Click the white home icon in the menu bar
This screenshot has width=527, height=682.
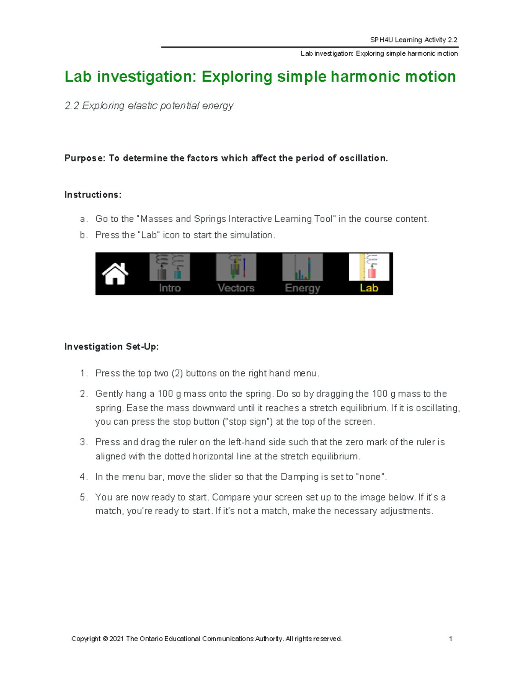tap(115, 274)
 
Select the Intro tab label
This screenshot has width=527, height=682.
tap(170, 288)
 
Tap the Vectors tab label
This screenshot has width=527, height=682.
tap(236, 288)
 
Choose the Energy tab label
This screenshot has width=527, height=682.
tap(302, 288)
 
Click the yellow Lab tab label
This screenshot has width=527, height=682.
tap(369, 288)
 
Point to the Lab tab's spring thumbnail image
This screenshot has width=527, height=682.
tap(369, 267)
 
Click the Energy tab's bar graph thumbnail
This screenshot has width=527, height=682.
tap(302, 267)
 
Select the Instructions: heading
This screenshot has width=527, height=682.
tap(93, 195)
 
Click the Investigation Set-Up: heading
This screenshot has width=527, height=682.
tap(112, 346)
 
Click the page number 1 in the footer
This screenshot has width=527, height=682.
tap(451, 639)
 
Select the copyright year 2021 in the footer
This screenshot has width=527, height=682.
tap(116, 639)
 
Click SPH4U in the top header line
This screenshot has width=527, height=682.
tap(381, 40)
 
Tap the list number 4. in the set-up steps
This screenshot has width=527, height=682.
tap(83, 477)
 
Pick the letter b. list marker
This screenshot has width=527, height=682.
tap(83, 235)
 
